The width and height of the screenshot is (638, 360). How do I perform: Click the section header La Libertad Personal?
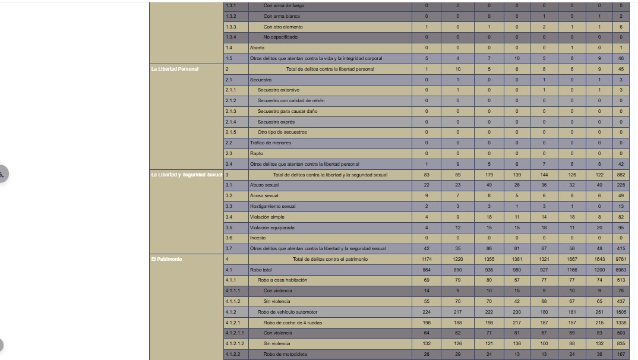[x=175, y=69]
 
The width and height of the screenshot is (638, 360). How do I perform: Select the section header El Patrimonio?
[x=167, y=259]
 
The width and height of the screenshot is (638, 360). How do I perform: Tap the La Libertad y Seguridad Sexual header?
[x=187, y=175]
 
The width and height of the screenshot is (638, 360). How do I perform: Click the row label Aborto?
[x=257, y=48]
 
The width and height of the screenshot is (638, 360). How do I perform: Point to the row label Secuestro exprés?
[x=276, y=122]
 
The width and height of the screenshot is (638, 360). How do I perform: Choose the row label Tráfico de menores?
[x=270, y=143]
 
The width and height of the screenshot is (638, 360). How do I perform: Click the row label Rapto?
[x=256, y=153]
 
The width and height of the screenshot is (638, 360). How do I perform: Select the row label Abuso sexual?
[x=264, y=185]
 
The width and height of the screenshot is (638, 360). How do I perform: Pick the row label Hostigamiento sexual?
[x=273, y=206]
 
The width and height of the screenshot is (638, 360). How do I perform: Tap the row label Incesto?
[x=258, y=238]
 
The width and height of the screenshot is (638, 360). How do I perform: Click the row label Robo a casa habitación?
[x=282, y=280]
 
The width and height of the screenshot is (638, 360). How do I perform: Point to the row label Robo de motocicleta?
[x=285, y=354]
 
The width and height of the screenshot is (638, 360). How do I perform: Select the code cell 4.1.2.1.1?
[x=235, y=333]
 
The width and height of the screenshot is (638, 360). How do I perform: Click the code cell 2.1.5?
[x=230, y=132]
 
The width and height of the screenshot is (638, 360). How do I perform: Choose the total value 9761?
[x=621, y=259]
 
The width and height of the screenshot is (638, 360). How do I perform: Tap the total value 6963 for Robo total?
[x=621, y=270]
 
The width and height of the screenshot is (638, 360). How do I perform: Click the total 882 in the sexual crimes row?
[x=621, y=175]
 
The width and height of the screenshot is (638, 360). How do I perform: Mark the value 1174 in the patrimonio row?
[x=427, y=259]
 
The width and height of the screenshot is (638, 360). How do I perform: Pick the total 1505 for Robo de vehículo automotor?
[x=621, y=312]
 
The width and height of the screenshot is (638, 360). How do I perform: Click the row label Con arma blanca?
[x=282, y=16]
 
